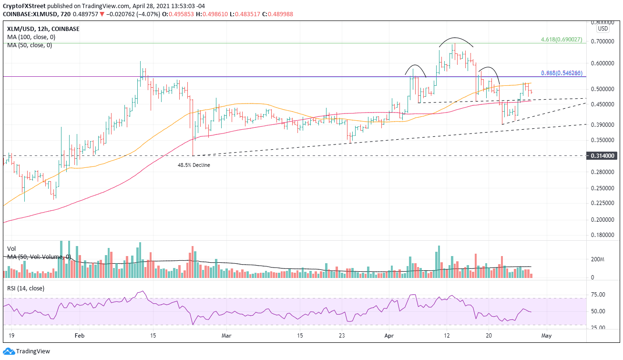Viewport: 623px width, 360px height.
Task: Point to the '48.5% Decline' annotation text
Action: [194, 165]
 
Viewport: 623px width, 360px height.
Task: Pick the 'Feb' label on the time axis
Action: [79, 335]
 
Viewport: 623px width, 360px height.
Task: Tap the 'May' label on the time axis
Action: [546, 335]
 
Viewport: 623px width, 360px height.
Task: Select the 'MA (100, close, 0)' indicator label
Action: [30, 37]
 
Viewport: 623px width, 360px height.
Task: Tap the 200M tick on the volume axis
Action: [598, 260]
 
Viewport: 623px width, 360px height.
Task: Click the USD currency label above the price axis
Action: [603, 28]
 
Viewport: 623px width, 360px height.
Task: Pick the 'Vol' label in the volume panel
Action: [11, 249]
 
